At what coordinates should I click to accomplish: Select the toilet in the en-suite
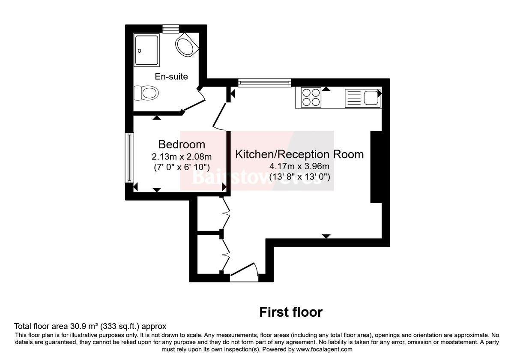146,92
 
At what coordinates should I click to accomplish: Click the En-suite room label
171,77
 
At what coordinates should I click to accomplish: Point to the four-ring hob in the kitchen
311,97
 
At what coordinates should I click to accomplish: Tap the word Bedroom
182,144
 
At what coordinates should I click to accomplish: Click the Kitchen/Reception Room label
299,154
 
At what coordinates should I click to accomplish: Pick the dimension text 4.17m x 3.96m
299,166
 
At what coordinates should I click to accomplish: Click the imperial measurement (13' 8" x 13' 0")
299,176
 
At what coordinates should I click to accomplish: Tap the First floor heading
291,312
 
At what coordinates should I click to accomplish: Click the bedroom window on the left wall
128,157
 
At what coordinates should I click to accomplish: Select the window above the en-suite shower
170,28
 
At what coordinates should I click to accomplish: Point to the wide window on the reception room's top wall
265,82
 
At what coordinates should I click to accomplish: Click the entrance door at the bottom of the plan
244,274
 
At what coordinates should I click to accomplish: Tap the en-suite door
195,101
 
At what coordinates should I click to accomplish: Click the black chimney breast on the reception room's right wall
376,166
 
